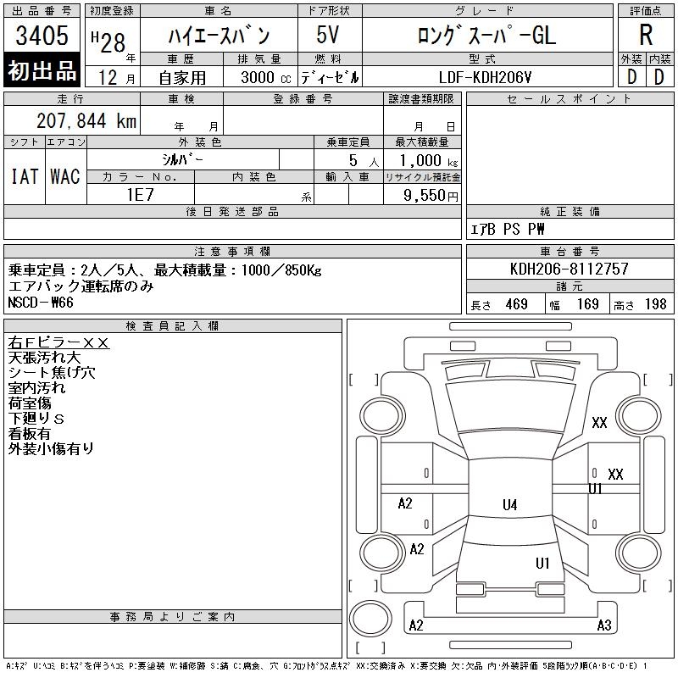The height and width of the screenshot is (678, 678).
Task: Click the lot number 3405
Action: click(x=42, y=35)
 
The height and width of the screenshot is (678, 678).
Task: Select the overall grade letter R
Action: click(x=646, y=35)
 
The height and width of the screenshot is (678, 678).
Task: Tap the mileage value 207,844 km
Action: click(x=86, y=120)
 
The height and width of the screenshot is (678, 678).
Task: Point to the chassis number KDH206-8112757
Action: click(x=569, y=269)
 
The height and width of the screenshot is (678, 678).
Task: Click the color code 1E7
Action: click(x=141, y=195)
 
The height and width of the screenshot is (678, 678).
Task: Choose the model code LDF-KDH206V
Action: click(x=485, y=77)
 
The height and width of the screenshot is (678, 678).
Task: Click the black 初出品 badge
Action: click(x=42, y=69)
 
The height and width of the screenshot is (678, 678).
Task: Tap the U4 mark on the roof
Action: click(x=510, y=504)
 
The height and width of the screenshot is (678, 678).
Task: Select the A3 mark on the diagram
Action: click(x=604, y=625)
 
